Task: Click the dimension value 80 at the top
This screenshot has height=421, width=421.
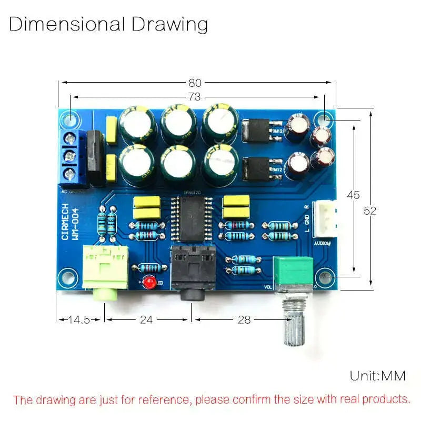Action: point(195,83)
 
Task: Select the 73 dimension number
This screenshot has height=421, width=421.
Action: point(195,97)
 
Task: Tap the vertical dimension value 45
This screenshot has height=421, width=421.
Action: point(353,195)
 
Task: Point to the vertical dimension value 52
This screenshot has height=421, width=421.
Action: point(370,210)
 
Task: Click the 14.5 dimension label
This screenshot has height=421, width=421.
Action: point(79,319)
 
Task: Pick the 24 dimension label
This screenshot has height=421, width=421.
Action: point(147,319)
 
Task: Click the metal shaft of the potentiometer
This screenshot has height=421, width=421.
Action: point(294,327)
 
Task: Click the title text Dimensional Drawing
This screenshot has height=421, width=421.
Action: point(108,24)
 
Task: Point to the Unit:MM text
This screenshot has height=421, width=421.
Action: point(378,376)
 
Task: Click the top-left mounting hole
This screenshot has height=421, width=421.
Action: point(69,119)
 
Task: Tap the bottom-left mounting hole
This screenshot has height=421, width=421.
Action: point(66,276)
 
